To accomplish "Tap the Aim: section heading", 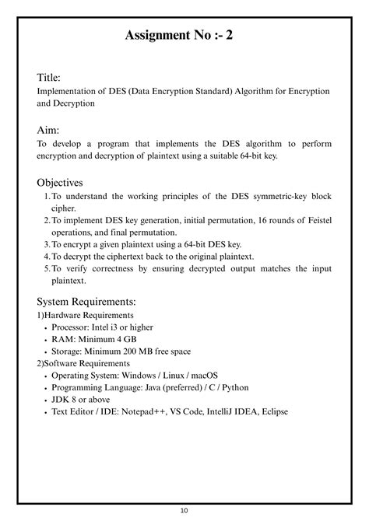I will click(49, 130).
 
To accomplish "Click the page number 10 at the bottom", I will click(184, 511).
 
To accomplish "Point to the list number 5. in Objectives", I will click(45, 268).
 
